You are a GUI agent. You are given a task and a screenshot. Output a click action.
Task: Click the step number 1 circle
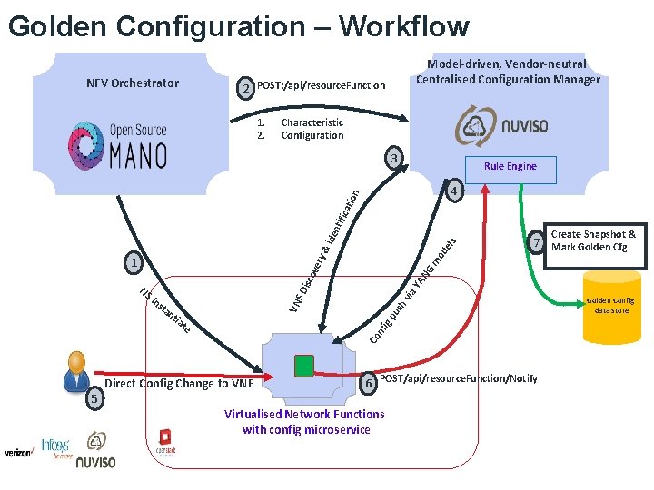tap(134, 264)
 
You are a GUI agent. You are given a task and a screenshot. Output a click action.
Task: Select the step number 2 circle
tap(244, 88)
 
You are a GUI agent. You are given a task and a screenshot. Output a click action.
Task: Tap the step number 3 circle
tap(392, 160)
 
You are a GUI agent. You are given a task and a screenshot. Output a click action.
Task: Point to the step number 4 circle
tap(455, 192)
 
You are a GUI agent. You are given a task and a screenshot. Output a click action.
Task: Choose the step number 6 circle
tap(368, 384)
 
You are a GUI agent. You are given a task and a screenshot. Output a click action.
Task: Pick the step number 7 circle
tap(537, 243)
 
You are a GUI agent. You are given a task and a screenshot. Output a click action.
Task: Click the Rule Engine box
tap(510, 166)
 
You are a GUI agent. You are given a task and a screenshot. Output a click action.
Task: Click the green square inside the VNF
tap(304, 366)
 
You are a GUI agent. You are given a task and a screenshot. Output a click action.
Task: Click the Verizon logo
tap(19, 451)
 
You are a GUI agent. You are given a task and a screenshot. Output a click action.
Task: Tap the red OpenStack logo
tap(165, 439)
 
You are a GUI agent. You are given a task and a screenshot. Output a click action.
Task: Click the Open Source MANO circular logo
tap(87, 144)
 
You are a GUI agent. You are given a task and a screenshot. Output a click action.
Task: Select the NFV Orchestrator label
tap(133, 83)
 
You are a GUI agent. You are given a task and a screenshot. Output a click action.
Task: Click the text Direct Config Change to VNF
tap(180, 383)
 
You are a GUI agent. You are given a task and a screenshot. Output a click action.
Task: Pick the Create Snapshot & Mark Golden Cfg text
tap(593, 240)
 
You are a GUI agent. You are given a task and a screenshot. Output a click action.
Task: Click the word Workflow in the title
tap(403, 26)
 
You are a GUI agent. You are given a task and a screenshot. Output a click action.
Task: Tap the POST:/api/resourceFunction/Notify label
tap(458, 377)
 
